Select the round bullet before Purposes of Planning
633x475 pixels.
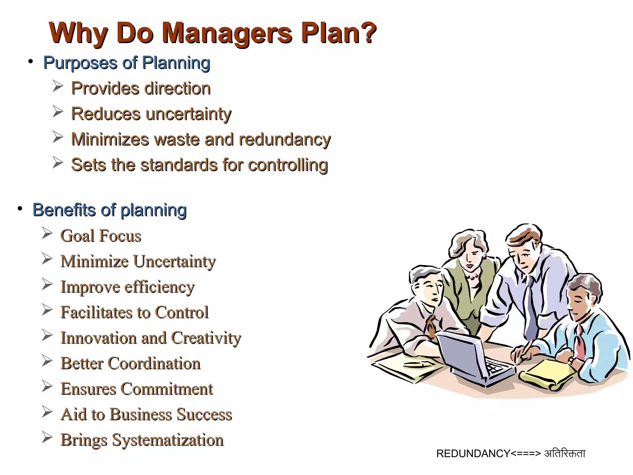click(x=30, y=62)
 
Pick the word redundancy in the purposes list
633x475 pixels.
click(x=285, y=139)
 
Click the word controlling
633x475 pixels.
click(x=288, y=165)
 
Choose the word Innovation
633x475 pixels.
click(x=99, y=338)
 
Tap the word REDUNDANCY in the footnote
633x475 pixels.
click(x=473, y=454)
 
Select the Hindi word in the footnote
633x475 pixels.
click(x=565, y=454)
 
